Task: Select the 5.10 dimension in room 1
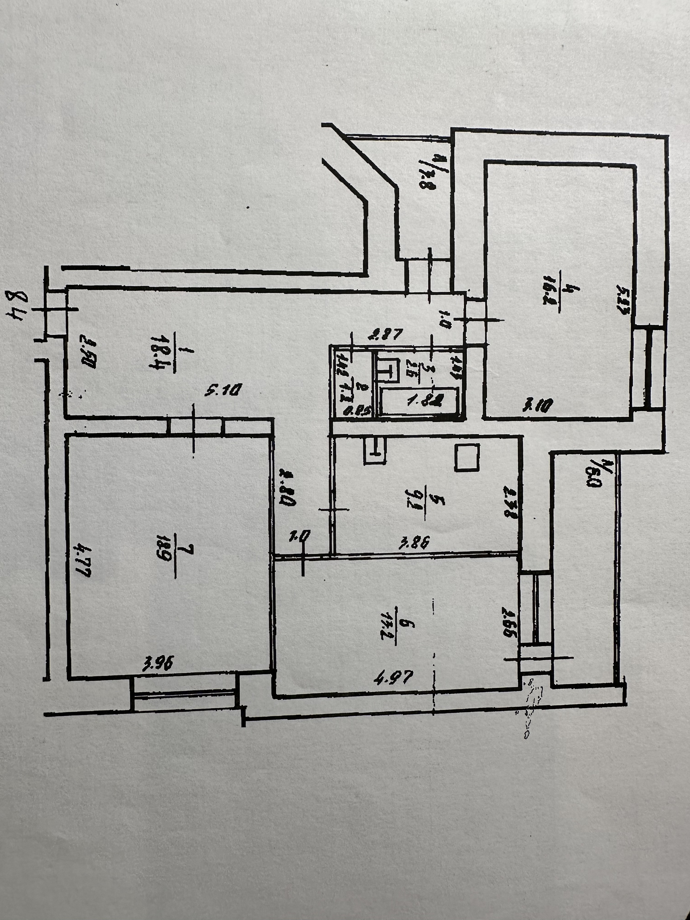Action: point(223,390)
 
